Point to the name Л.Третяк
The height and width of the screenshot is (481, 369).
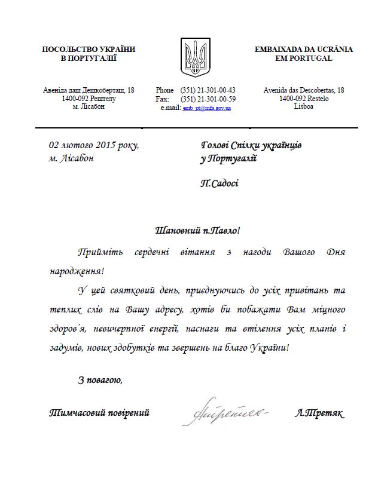click(320, 413)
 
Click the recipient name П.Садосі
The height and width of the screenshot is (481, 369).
click(219, 183)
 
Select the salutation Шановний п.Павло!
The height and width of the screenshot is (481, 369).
click(192, 229)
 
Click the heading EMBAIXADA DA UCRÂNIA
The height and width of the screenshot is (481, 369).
click(303, 49)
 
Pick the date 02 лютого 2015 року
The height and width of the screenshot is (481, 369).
click(94, 145)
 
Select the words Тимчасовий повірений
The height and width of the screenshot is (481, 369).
click(99, 413)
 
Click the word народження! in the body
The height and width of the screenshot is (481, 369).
click(75, 271)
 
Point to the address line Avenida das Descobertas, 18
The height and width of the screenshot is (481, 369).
click(304, 90)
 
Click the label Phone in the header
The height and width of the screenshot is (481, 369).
click(164, 90)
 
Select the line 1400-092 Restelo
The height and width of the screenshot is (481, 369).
click(304, 99)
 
